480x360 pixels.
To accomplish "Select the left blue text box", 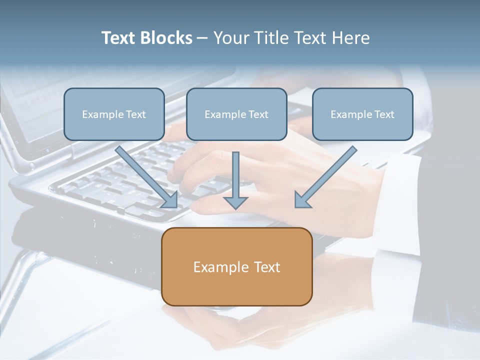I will (x=114, y=114).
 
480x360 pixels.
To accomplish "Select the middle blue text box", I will (x=236, y=114).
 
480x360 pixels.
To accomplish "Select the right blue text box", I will (x=362, y=114).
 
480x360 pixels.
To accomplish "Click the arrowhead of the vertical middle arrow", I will (x=235, y=202).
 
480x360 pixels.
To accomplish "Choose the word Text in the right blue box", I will (x=384, y=114).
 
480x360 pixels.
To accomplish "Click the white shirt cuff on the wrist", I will (x=400, y=200).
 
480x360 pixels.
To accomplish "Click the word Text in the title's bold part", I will (x=118, y=38).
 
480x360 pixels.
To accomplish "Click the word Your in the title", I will (x=228, y=38).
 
